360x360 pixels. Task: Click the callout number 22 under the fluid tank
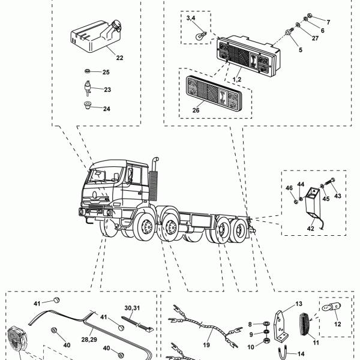tap(119, 58)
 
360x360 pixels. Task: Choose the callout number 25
tap(106, 73)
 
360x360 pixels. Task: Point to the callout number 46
tap(289, 188)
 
